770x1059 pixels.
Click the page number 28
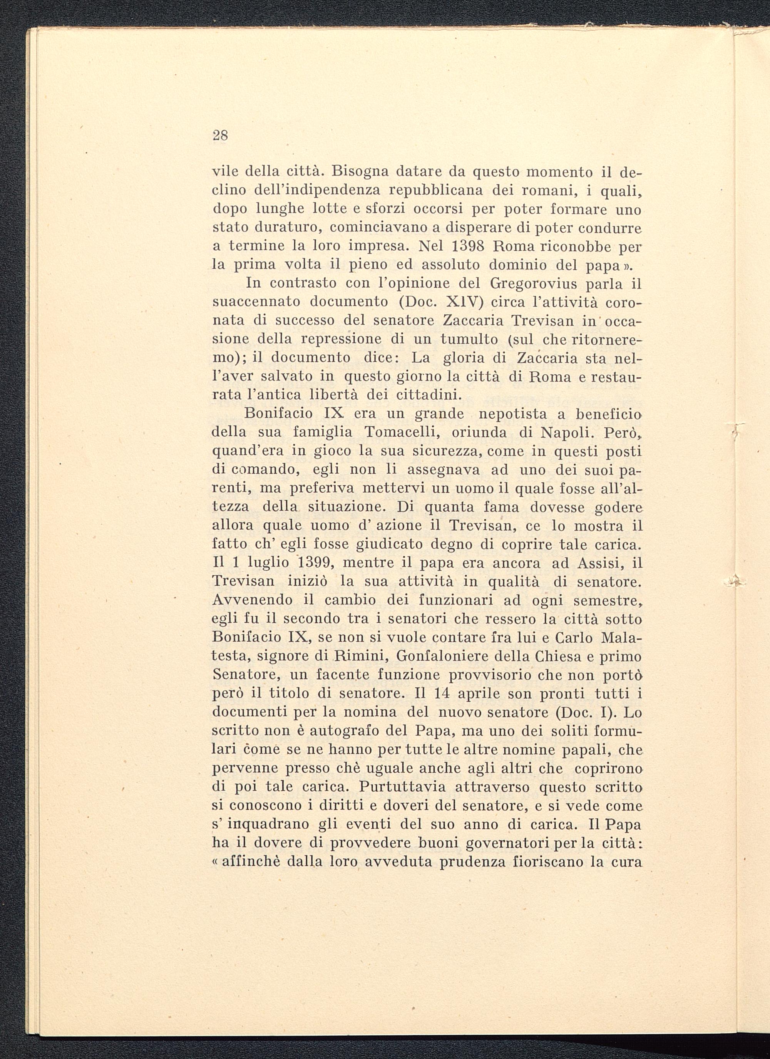click(220, 136)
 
